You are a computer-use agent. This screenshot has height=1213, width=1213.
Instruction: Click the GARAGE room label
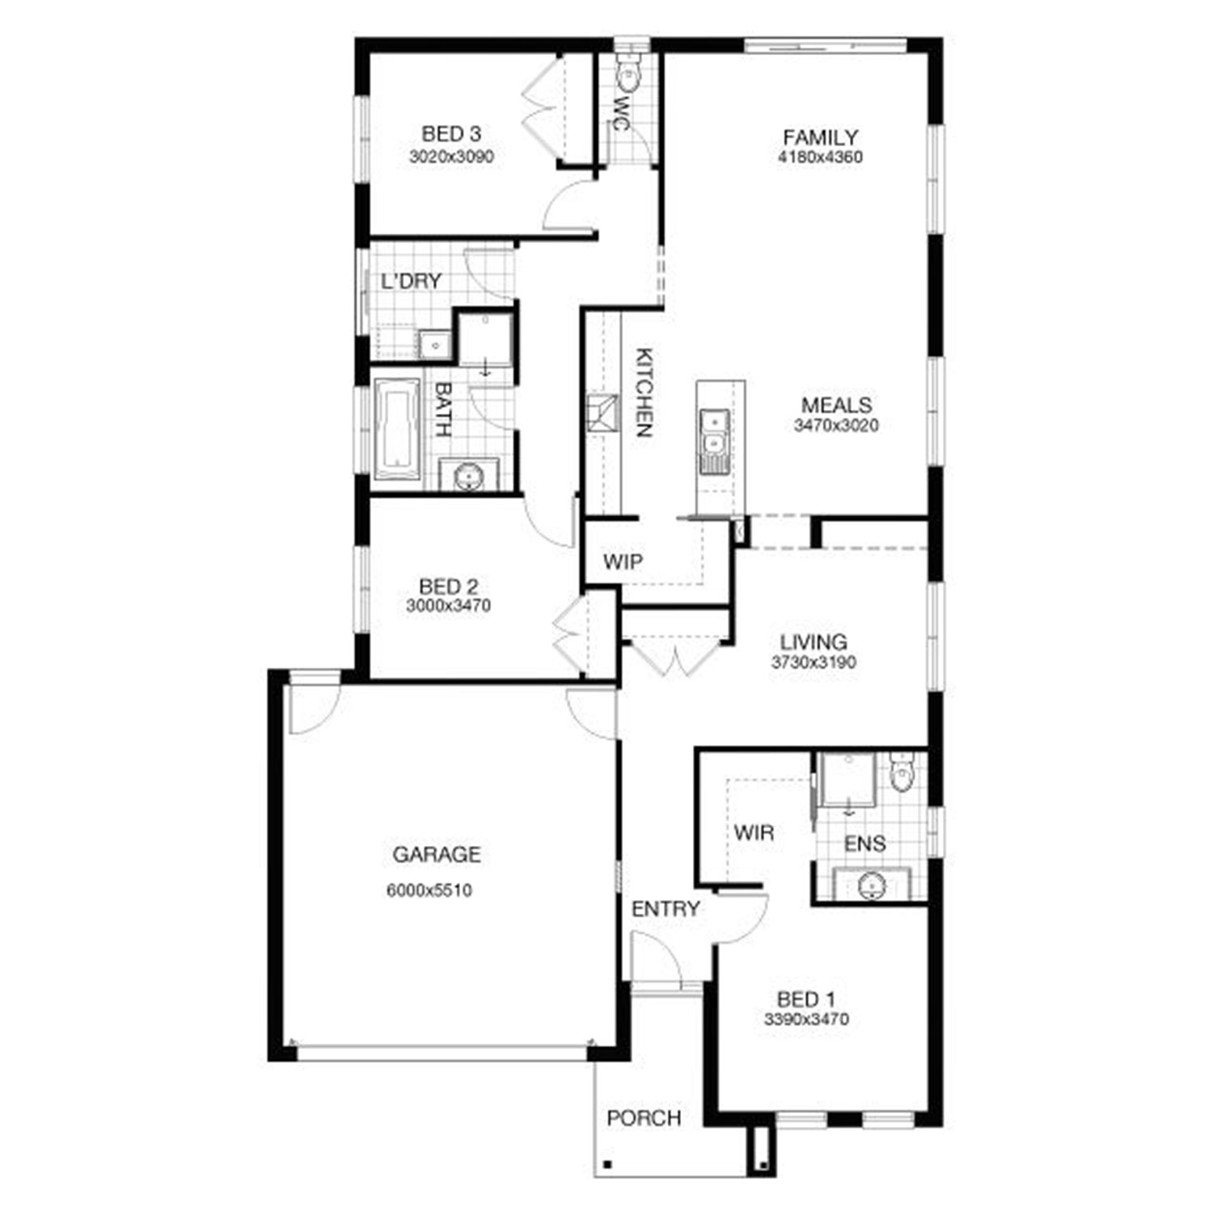pyautogui.click(x=437, y=855)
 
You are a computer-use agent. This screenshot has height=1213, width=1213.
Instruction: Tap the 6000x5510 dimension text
pyautogui.click(x=429, y=891)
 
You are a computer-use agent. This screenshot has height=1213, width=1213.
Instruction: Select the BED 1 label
pyautogui.click(x=805, y=1000)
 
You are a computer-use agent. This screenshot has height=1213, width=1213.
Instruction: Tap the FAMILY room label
pyautogui.click(x=820, y=137)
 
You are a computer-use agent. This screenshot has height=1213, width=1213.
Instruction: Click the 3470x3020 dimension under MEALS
pyautogui.click(x=836, y=426)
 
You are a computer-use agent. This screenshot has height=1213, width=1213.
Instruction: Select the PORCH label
pyautogui.click(x=644, y=1118)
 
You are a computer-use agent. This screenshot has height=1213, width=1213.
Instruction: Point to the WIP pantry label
pyautogui.click(x=623, y=561)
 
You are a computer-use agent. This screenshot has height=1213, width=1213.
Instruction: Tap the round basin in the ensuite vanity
pyautogui.click(x=871, y=885)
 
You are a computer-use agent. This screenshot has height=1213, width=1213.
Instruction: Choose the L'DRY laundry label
pyautogui.click(x=411, y=281)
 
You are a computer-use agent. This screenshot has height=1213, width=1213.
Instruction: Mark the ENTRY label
pyautogui.click(x=665, y=909)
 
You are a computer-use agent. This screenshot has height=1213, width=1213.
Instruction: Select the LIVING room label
pyautogui.click(x=814, y=643)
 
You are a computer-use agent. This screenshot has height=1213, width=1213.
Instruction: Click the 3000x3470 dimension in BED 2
pyautogui.click(x=448, y=606)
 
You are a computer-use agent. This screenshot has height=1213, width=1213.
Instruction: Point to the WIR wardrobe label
pyautogui.click(x=754, y=832)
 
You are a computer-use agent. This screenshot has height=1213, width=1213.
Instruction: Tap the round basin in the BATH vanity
pyautogui.click(x=468, y=477)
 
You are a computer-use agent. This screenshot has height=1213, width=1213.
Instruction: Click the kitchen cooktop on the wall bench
pyautogui.click(x=602, y=413)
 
